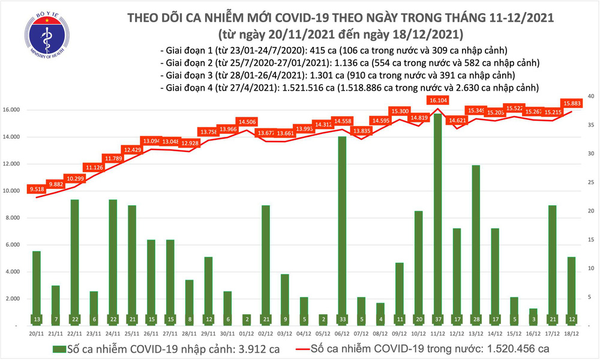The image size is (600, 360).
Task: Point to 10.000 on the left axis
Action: click(17, 191)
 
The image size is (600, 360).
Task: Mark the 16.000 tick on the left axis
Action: click(17, 110)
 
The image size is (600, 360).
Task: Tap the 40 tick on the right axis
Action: click(591, 97)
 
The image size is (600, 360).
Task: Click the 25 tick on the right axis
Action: click(591, 182)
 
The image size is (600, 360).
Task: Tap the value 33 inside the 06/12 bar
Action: click(342, 318)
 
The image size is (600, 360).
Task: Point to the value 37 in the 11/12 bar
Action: click(438, 318)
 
